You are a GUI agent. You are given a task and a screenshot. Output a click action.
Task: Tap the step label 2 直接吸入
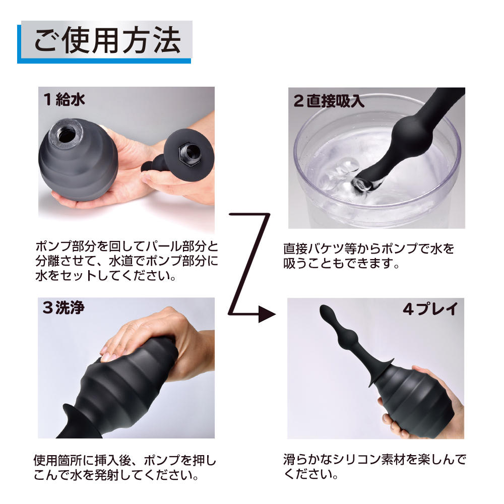(x=329, y=101)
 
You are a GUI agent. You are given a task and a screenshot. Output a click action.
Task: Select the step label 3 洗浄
(x=64, y=307)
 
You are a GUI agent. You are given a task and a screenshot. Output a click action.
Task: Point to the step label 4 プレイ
(x=430, y=309)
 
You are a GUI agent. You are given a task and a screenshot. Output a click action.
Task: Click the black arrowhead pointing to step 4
(x=267, y=314)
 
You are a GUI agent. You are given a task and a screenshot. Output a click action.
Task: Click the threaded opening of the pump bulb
(x=67, y=133)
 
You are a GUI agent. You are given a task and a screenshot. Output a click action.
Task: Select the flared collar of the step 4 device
(x=382, y=372)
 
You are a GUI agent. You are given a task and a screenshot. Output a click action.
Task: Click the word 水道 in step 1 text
(x=121, y=261)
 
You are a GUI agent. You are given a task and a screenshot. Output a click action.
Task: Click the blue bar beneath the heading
(x=104, y=61)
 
